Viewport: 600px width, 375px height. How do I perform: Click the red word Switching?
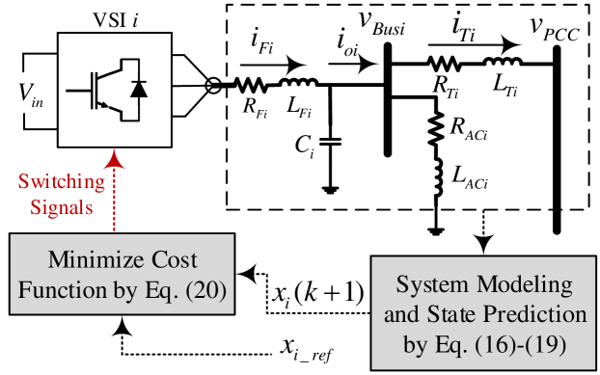(62, 182)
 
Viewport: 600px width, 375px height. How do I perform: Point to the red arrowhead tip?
(114, 150)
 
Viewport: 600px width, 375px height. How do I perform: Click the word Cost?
(173, 260)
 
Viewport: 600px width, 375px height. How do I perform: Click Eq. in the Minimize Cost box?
(160, 290)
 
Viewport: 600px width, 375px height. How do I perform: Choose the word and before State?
(401, 315)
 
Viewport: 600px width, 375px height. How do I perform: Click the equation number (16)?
(490, 344)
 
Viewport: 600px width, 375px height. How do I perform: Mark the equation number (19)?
(545, 344)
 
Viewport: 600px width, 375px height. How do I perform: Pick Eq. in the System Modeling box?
(448, 344)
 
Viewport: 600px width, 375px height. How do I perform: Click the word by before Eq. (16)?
(414, 344)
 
